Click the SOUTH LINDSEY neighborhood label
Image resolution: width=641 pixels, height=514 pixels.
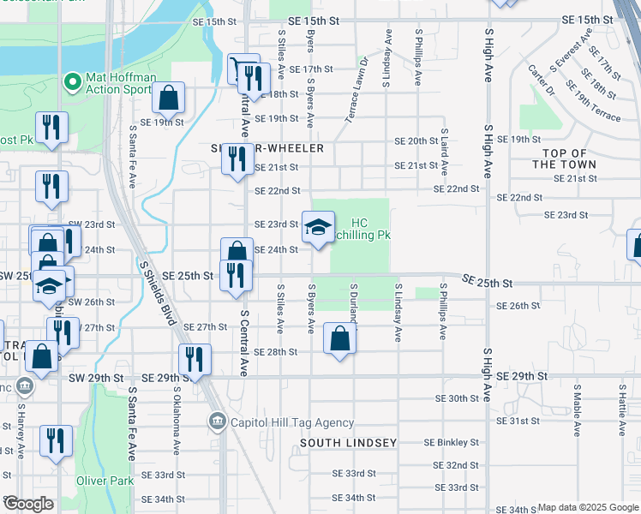(349, 443)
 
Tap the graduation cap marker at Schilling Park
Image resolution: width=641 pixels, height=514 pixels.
(318, 228)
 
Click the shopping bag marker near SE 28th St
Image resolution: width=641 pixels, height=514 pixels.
(340, 339)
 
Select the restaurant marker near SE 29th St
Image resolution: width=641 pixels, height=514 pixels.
(195, 360)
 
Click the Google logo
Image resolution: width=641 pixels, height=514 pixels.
(28, 504)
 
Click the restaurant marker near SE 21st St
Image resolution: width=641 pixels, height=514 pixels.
(237, 159)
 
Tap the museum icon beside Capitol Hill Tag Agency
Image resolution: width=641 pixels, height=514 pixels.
(216, 421)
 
